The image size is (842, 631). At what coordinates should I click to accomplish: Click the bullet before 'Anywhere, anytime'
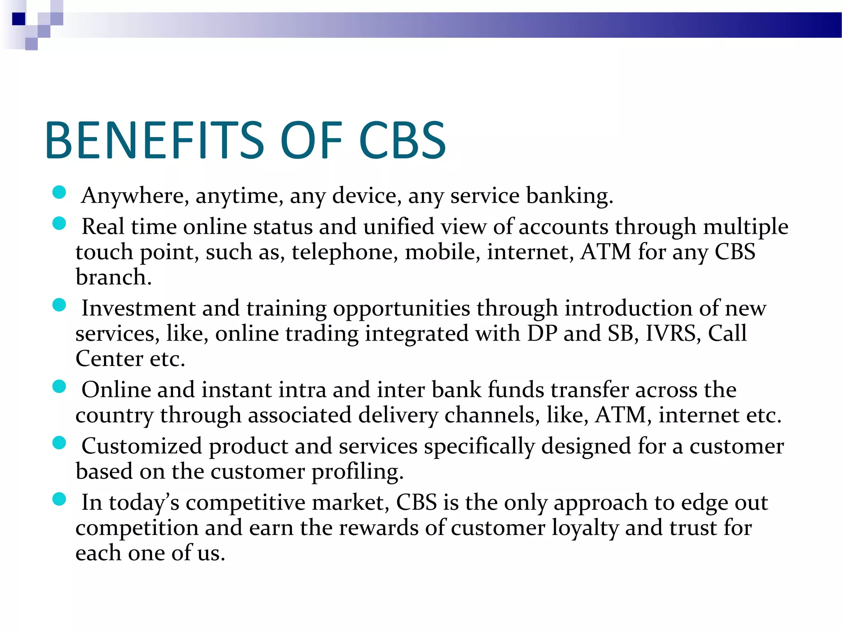pyautogui.click(x=60, y=192)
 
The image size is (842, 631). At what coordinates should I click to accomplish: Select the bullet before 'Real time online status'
pyautogui.click(x=60, y=223)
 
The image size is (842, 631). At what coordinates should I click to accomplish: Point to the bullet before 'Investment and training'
pyautogui.click(x=60, y=305)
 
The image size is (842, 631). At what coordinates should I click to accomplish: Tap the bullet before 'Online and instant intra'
pyautogui.click(x=60, y=387)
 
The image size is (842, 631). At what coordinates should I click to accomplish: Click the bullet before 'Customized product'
pyautogui.click(x=60, y=443)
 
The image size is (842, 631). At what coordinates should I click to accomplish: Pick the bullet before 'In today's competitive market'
pyautogui.click(x=60, y=499)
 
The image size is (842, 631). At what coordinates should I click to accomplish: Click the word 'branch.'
pyautogui.click(x=113, y=277)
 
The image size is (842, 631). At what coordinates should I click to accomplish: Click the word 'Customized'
pyautogui.click(x=141, y=446)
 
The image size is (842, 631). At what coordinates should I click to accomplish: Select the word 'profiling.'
pyautogui.click(x=357, y=472)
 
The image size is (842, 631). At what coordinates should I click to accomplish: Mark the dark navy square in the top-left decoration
pyautogui.click(x=19, y=19)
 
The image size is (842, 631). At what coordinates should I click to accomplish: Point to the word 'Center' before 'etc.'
pyautogui.click(x=109, y=359)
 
